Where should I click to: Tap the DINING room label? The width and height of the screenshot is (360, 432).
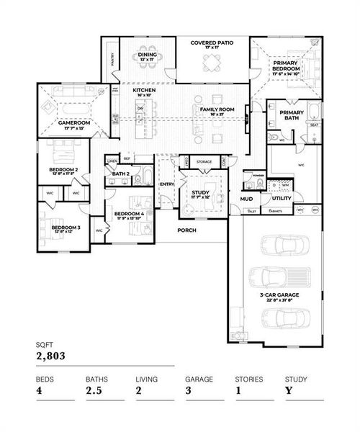pyautogui.click(x=147, y=55)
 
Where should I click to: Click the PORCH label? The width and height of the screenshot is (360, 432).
pyautogui.click(x=187, y=230)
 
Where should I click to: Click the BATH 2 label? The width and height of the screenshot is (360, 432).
pyautogui.click(x=120, y=174)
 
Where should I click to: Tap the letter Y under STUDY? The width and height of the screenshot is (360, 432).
pyautogui.click(x=288, y=392)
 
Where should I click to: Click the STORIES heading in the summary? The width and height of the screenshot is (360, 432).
pyautogui.click(x=248, y=378)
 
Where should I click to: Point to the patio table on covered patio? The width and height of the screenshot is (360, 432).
pyautogui.click(x=210, y=66)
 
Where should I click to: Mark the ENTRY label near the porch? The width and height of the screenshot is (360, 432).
pyautogui.click(x=167, y=184)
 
